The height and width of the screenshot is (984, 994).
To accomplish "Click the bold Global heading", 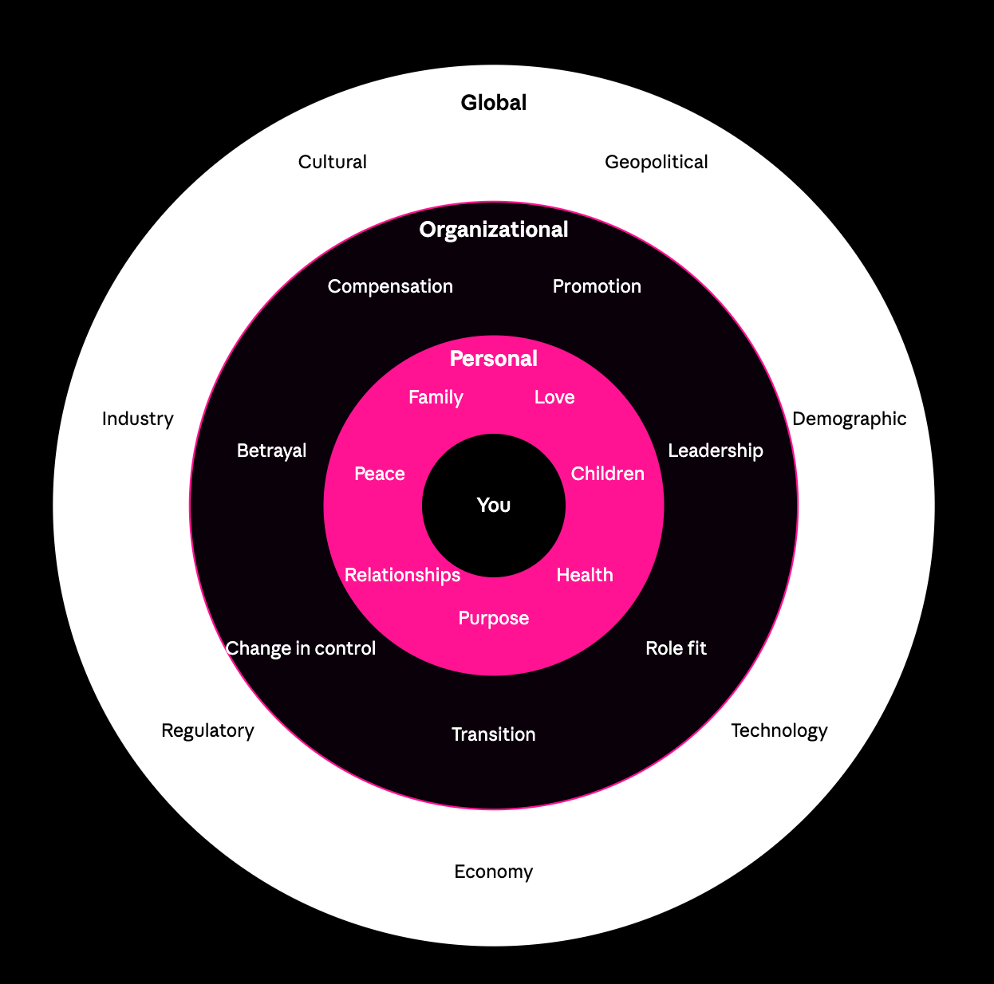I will (494, 103).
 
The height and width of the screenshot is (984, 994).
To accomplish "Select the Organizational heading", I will (494, 230).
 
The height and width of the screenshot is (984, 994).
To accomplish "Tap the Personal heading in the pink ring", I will (494, 359).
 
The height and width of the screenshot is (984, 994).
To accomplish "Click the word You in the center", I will (494, 505).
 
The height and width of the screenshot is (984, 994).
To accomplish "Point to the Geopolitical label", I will (656, 162).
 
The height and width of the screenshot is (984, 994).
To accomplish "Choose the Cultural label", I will (332, 162).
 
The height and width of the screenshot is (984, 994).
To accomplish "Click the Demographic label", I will (849, 419).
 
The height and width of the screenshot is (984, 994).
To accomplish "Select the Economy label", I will (493, 872).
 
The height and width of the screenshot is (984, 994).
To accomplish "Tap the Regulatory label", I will (207, 730).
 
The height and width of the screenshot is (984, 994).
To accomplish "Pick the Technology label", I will (779, 730).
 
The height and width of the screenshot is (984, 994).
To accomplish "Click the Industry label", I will (137, 419).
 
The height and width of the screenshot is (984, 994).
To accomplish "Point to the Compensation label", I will (390, 286).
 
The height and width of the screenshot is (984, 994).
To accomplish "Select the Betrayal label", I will (271, 451).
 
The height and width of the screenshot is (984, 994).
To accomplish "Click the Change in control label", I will (301, 648).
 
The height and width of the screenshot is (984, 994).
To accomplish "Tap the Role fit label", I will (676, 648).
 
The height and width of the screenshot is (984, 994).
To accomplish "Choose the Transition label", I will (493, 734).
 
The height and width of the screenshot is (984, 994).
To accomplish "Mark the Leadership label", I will (715, 451).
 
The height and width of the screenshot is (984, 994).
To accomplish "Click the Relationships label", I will (402, 575).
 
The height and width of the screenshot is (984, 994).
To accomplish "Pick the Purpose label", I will (493, 618).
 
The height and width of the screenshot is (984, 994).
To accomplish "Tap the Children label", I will (607, 474).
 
